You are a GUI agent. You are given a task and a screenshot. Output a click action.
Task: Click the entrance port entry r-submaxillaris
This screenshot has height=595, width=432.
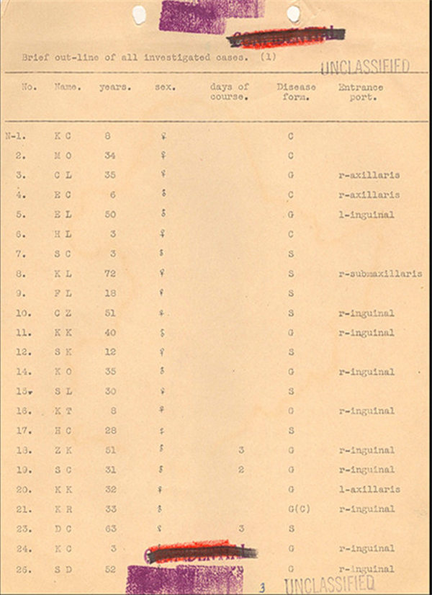coord(379,274)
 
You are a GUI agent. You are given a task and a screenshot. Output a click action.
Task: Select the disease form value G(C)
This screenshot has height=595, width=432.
coord(294,509)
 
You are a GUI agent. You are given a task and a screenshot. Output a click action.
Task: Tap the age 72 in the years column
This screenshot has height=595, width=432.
coord(109,274)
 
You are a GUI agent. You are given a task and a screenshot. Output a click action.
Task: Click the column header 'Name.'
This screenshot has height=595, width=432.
coord(67,87)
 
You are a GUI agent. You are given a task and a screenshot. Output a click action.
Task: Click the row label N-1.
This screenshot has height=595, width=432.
coord(14,136)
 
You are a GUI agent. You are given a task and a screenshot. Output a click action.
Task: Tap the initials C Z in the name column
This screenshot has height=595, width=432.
coord(63,313)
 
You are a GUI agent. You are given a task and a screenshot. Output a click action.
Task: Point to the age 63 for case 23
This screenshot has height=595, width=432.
coord(109,529)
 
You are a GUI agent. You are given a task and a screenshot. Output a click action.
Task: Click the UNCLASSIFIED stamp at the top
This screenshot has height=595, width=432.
coord(364,68)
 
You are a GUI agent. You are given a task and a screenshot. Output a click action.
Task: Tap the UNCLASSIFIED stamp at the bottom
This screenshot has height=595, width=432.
coord(329,583)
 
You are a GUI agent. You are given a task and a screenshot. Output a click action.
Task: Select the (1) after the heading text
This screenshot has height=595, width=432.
coord(267,55)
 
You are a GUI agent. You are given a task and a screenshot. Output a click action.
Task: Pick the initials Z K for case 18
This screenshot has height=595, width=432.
coord(63,450)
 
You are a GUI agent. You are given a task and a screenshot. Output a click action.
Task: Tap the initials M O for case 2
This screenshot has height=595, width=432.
coord(63,156)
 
